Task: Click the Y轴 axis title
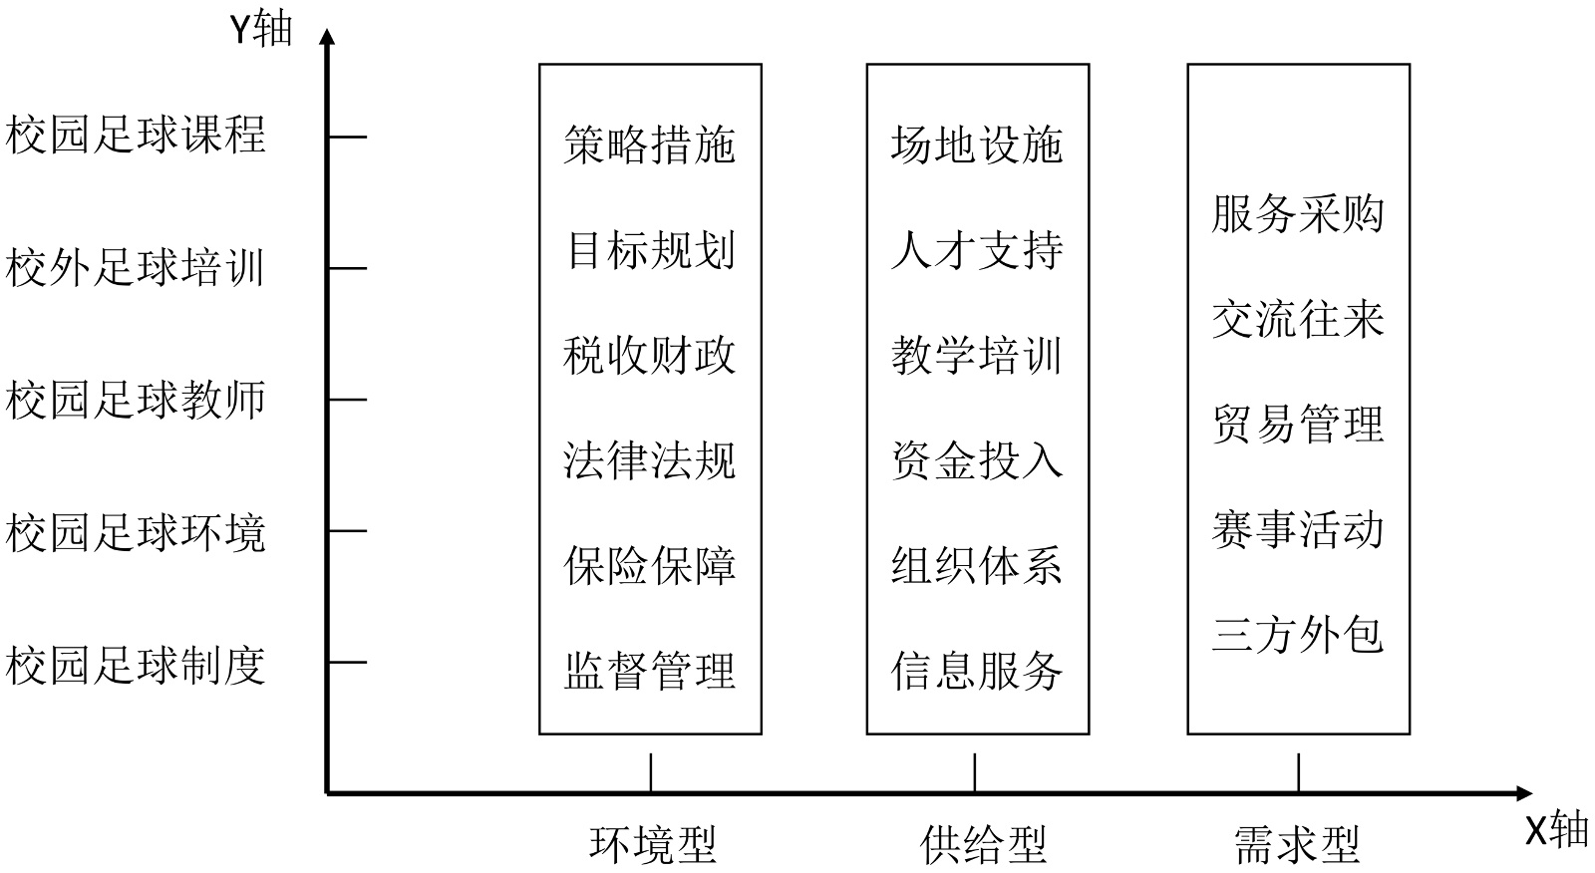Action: click(x=261, y=29)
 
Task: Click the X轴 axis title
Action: click(x=1556, y=829)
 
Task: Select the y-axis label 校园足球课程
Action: click(x=137, y=135)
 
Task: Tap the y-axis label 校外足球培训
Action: click(x=137, y=268)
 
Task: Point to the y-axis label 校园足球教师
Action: click(x=137, y=400)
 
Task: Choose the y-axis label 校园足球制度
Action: click(x=137, y=665)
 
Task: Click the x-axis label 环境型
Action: click(x=653, y=844)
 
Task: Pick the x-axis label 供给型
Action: click(x=982, y=844)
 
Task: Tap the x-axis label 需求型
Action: click(x=1297, y=844)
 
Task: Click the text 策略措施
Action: click(x=650, y=145)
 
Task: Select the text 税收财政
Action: click(x=650, y=356)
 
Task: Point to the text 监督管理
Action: click(x=650, y=671)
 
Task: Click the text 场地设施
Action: click(x=977, y=145)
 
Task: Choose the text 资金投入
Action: click(x=977, y=460)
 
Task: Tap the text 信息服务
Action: click(x=977, y=671)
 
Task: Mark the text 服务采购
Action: click(x=1298, y=213)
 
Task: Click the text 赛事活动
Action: click(x=1298, y=529)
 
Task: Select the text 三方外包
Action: click(x=1298, y=635)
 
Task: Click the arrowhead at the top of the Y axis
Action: click(x=327, y=37)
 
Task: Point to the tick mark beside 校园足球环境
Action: click(x=347, y=531)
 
